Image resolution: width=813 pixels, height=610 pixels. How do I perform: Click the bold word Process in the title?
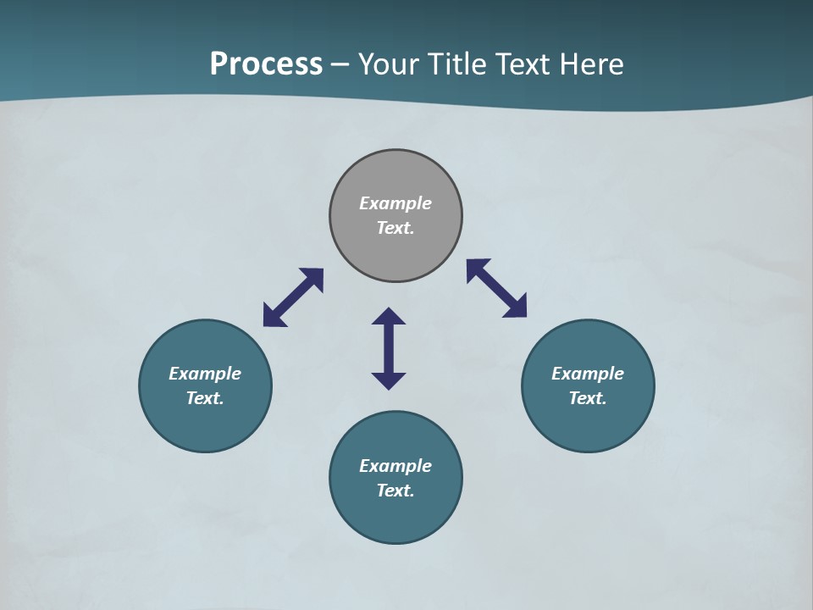coord(266,64)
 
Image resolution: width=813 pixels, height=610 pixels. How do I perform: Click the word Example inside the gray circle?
coord(395,203)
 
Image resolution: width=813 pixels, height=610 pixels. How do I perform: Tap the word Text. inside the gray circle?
coord(395,228)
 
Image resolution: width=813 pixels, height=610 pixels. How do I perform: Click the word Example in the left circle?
coord(205,374)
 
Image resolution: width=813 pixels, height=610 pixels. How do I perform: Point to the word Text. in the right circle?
coord(588,398)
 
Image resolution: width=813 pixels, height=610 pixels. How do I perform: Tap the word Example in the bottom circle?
coord(395,466)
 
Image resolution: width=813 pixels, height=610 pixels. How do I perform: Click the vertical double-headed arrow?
coord(389,348)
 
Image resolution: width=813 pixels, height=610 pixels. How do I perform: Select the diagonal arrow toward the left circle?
coord(293,297)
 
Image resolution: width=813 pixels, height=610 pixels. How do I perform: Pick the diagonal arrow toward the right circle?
coord(496,288)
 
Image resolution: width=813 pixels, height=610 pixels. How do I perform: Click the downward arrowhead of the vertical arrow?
coord(389,380)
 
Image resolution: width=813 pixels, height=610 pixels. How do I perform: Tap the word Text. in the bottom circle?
coord(395,491)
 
